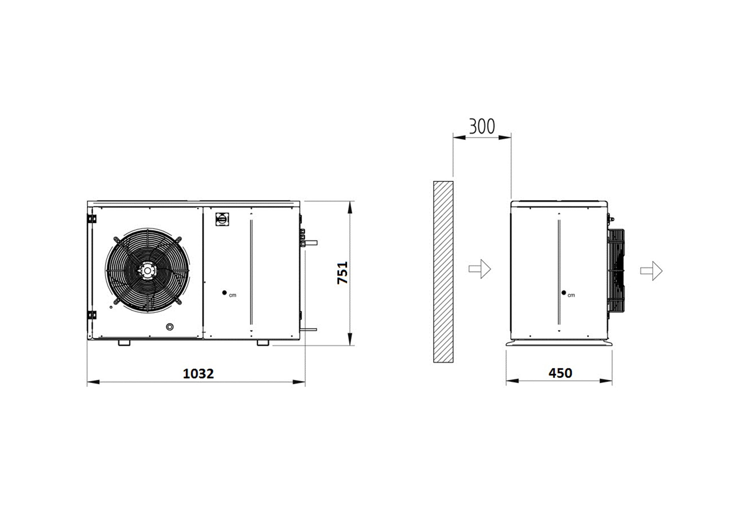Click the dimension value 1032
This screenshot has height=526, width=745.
click(x=198, y=373)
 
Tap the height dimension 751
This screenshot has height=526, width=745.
click(x=343, y=272)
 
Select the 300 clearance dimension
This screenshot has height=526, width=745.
click(x=482, y=126)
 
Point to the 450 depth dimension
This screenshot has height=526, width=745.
click(x=560, y=373)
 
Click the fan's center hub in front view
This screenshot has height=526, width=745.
click(x=147, y=270)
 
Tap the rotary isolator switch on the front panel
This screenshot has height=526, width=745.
click(x=222, y=219)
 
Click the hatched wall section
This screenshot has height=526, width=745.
click(x=443, y=272)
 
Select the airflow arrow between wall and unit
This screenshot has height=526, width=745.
click(x=480, y=269)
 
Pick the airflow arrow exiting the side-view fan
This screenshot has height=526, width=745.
click(x=652, y=271)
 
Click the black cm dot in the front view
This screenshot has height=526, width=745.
click(x=224, y=293)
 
